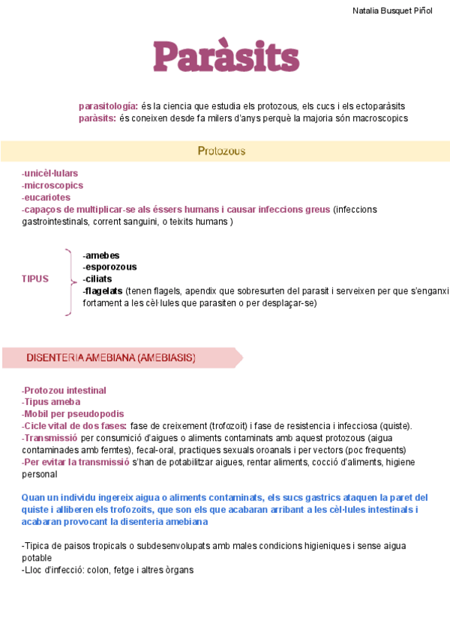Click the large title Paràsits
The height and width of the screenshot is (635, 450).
[x=226, y=56]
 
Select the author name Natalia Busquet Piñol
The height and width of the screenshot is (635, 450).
[x=392, y=11]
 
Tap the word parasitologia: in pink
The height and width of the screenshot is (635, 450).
[x=108, y=106]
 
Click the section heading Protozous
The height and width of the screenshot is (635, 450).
[x=221, y=151]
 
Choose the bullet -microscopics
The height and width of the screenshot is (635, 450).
[x=52, y=186]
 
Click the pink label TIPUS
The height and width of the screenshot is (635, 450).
[x=35, y=279]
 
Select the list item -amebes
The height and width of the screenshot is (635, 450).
[x=100, y=255]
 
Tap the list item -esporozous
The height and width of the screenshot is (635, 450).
[x=109, y=267]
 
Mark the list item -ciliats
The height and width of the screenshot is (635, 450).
[x=97, y=279]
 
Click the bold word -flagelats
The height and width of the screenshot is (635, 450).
[x=103, y=291]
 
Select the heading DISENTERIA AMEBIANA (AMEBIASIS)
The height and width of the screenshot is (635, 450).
[x=111, y=358]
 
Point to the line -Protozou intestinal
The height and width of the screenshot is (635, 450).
[x=64, y=390]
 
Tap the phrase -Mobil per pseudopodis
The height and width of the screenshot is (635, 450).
[x=73, y=414]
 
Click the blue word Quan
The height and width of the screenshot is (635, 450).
[x=33, y=497]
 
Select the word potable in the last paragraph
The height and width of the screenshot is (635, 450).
[x=37, y=558]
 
